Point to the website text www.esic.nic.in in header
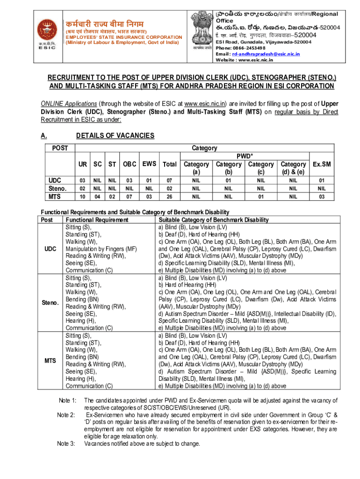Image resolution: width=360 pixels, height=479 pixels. click(x=265, y=60)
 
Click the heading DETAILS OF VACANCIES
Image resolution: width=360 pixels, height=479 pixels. click(x=115, y=136)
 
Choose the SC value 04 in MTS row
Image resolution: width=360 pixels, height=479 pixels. click(x=97, y=196)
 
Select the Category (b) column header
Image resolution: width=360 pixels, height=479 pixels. click(x=228, y=168)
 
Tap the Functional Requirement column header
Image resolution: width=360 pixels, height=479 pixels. click(x=97, y=219)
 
